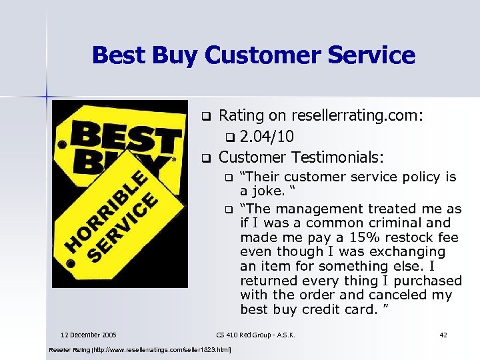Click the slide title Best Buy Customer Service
pos(253,55)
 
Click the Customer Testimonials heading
pos(301,158)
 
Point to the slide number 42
pos(444,334)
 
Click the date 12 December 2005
pos(89,334)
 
